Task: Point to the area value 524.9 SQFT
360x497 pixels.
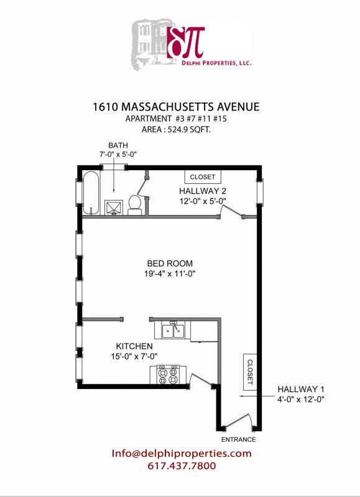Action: coord(194,130)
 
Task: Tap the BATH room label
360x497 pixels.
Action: coord(118,145)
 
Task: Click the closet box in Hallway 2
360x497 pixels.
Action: coord(202,176)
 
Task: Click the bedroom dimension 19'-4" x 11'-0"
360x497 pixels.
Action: coord(170,274)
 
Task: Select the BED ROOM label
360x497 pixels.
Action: coord(170,263)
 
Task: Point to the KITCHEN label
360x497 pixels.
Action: coord(134,345)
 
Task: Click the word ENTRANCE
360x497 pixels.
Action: coord(239,439)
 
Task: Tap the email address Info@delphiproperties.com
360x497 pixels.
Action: coord(182,454)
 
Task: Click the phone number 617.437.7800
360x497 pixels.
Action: coord(182,466)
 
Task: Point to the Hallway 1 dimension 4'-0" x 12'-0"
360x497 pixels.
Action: coord(302,399)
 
